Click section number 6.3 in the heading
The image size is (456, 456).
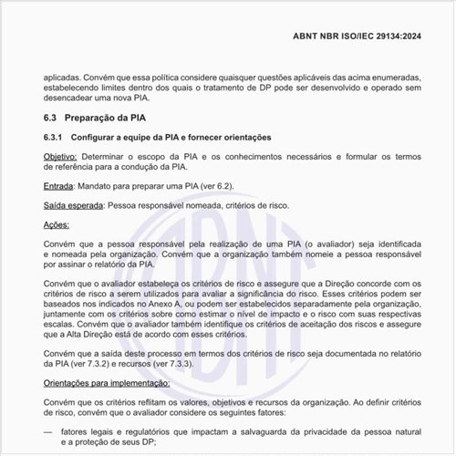pyautogui.click(x=51, y=119)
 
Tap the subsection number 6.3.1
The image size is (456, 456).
pyautogui.click(x=55, y=137)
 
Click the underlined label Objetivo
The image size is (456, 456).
pyautogui.click(x=61, y=157)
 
